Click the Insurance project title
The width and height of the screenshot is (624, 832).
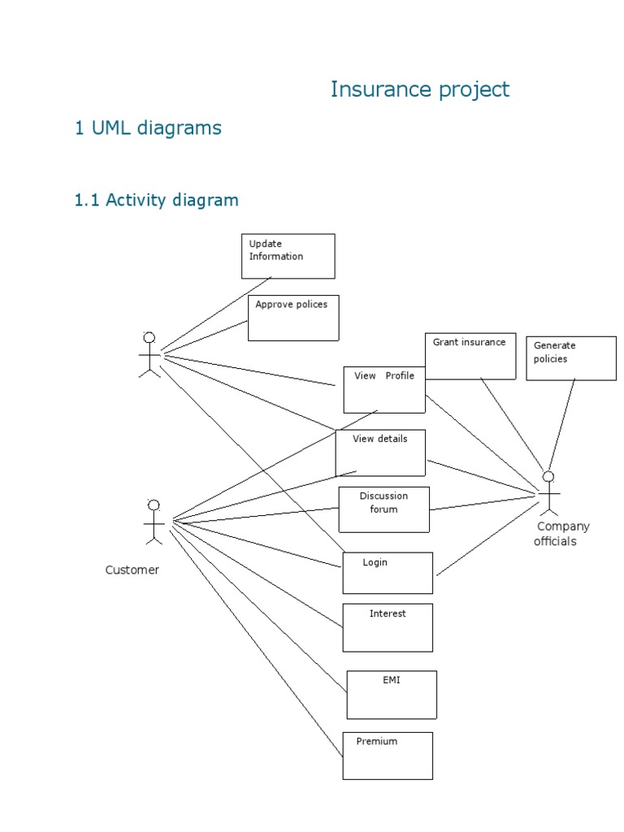(419, 89)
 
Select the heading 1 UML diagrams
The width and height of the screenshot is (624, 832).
(148, 128)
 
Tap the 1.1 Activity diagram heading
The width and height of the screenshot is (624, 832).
(156, 200)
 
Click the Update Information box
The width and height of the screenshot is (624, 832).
(288, 256)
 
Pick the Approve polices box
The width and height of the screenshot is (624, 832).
(292, 318)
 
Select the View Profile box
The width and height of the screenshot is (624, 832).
(383, 389)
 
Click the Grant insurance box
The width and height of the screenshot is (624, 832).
(470, 356)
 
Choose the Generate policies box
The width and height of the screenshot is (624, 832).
(570, 358)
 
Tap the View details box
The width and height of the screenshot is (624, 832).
(380, 453)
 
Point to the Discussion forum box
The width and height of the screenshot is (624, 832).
(383, 509)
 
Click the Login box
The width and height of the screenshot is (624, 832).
(388, 573)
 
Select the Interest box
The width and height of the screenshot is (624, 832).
(388, 627)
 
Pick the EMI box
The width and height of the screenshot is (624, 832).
(392, 695)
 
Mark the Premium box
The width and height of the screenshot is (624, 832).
(388, 756)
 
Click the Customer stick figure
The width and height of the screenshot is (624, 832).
(154, 522)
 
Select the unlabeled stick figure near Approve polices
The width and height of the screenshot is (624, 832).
(149, 355)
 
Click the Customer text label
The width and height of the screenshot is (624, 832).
(132, 570)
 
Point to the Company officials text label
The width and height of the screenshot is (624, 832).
(562, 534)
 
